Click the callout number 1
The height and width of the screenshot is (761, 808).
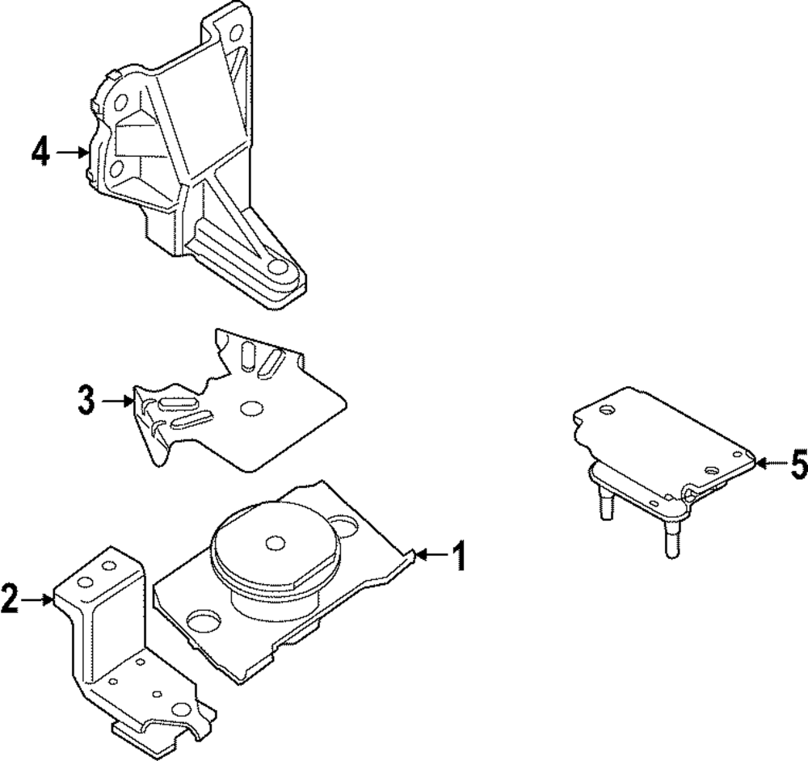(x=458, y=556)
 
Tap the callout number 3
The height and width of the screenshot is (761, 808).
(x=86, y=400)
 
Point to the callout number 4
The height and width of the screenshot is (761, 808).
(x=41, y=151)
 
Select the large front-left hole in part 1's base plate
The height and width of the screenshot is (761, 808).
(x=204, y=621)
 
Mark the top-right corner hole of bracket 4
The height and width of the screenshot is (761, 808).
(x=236, y=34)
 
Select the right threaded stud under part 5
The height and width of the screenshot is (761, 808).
(x=669, y=538)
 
